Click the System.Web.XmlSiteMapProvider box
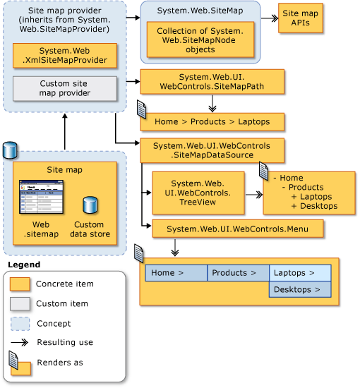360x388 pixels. [x=64, y=56]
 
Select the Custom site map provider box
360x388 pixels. [x=64, y=88]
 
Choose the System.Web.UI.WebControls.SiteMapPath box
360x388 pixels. [x=212, y=82]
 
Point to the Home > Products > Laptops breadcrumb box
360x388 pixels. [x=212, y=121]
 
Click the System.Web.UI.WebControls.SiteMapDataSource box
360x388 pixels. [x=212, y=150]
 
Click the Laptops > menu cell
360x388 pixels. [x=300, y=272]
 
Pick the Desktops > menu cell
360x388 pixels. [x=300, y=289]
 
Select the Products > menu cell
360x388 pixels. [x=238, y=272]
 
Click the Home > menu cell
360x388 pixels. [x=176, y=272]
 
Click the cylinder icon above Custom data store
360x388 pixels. [x=90, y=205]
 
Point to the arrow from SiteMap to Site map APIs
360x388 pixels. [x=269, y=19]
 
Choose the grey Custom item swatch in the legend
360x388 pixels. [x=20, y=303]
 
